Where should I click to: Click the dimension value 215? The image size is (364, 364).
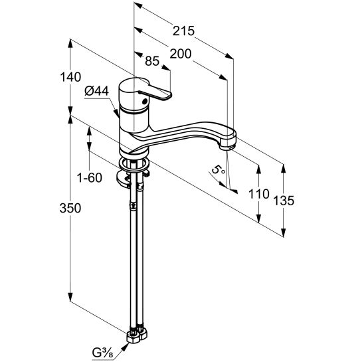click(183, 31)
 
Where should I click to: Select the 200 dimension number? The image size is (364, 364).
click(181, 54)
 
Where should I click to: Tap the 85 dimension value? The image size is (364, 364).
click(152, 61)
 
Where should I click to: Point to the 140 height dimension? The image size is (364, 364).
click(70, 77)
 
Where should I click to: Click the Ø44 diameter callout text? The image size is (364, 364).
click(97, 91)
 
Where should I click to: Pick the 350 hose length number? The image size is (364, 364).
click(70, 208)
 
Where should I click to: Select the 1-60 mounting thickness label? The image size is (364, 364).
click(90, 178)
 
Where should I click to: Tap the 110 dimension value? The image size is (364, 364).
click(259, 194)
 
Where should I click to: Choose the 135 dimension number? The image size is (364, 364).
click(284, 201)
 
